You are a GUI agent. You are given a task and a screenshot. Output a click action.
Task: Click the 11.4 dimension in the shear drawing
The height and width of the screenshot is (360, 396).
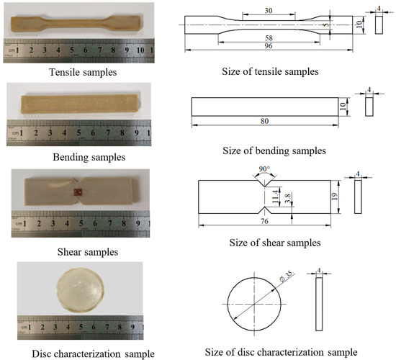(x=274, y=194)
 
